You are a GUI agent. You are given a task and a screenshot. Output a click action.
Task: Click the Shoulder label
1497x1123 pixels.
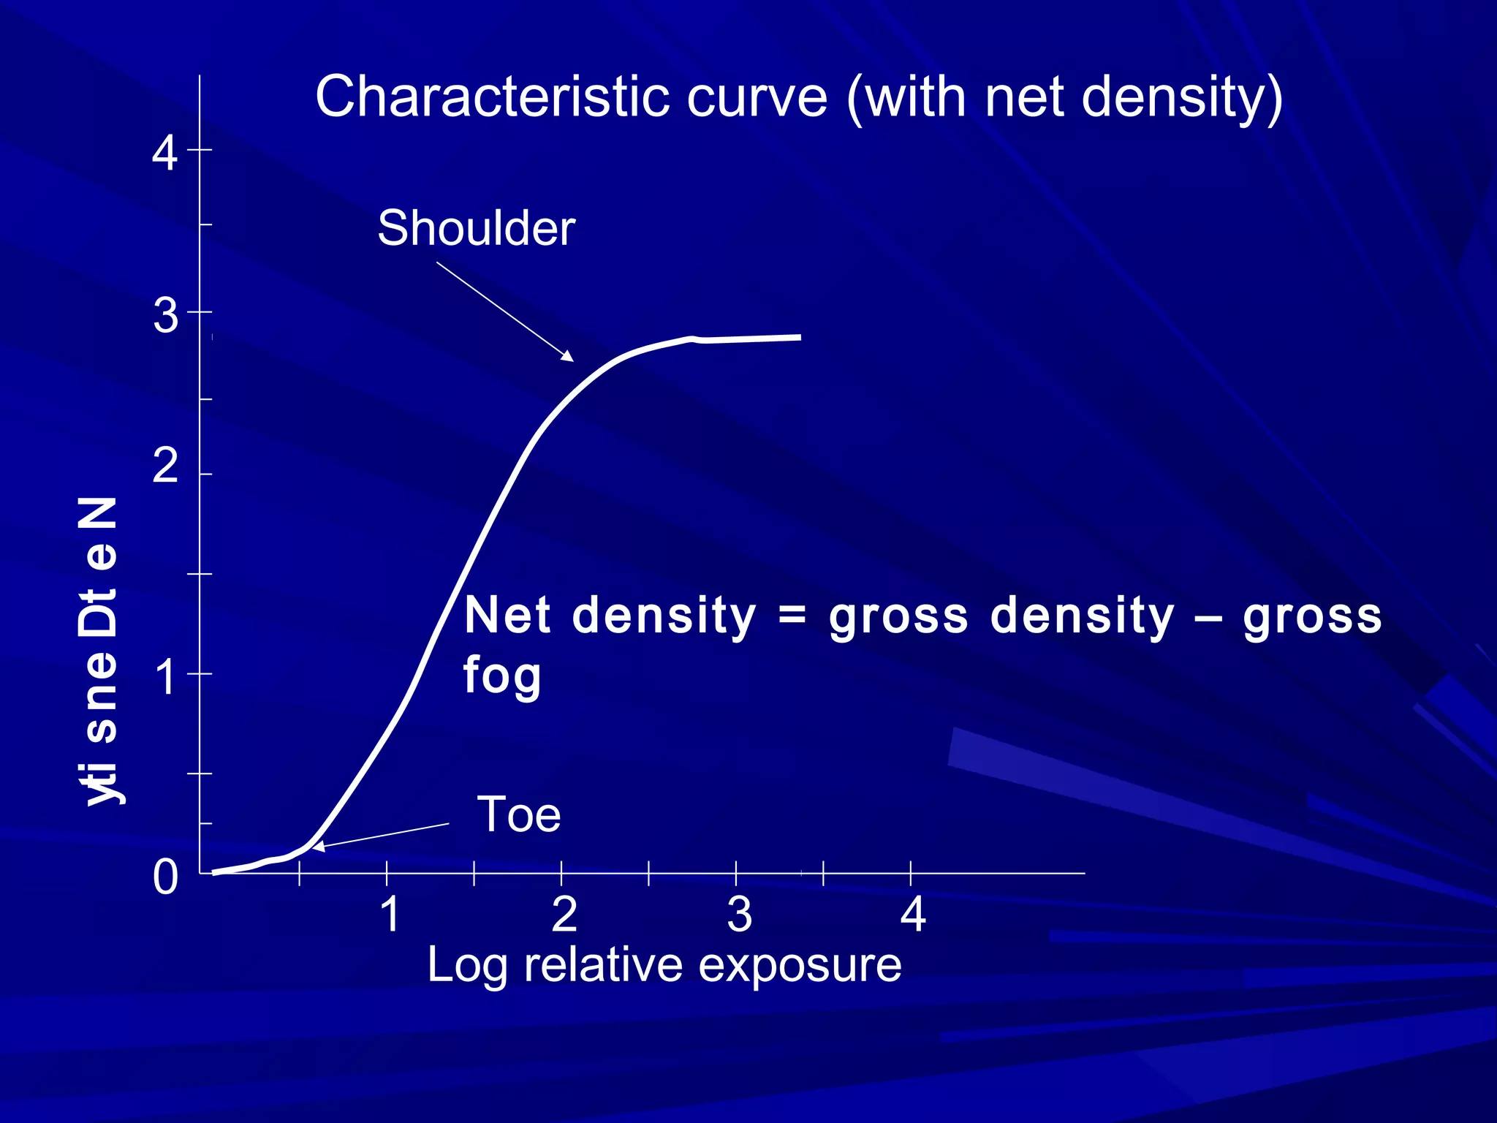pyautogui.click(x=476, y=229)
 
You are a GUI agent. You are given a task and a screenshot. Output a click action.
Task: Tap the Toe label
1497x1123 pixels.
pyautogui.click(x=518, y=814)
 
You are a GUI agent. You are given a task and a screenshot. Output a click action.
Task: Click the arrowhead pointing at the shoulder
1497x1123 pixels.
pyautogui.click(x=568, y=356)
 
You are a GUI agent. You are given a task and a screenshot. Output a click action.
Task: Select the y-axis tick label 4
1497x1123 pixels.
pyautogui.click(x=165, y=154)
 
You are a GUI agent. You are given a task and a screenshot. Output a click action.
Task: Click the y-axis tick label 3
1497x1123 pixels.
pyautogui.click(x=165, y=316)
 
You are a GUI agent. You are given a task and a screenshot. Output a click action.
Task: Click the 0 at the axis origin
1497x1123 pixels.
pyautogui.click(x=165, y=877)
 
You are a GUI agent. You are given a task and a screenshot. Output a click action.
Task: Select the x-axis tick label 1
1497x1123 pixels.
pyautogui.click(x=390, y=914)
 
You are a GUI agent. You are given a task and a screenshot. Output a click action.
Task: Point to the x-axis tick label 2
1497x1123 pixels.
pyautogui.click(x=564, y=914)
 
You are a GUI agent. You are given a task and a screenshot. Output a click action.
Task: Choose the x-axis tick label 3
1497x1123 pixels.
pyautogui.click(x=739, y=914)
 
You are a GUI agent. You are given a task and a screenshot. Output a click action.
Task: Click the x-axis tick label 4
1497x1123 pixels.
pyautogui.click(x=913, y=914)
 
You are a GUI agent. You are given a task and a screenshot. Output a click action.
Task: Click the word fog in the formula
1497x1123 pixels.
pyautogui.click(x=502, y=676)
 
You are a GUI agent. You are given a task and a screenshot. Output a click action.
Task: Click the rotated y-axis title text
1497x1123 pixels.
pyautogui.click(x=99, y=651)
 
